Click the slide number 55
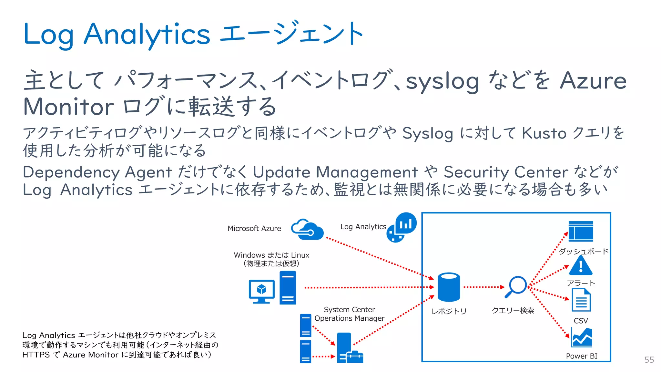(649, 360)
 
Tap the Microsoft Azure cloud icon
(307, 230)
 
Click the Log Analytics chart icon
(402, 227)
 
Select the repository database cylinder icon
(449, 287)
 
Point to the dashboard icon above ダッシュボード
(581, 231)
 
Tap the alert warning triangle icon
(581, 266)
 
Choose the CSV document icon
(581, 300)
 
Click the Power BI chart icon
(582, 338)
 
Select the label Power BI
(582, 356)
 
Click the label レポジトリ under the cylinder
(449, 311)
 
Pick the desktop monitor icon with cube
(261, 291)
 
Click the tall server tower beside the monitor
(288, 287)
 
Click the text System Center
(349, 309)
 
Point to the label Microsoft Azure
(254, 228)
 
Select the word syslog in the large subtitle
(442, 81)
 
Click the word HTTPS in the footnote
(36, 355)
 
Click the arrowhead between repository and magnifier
(502, 287)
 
